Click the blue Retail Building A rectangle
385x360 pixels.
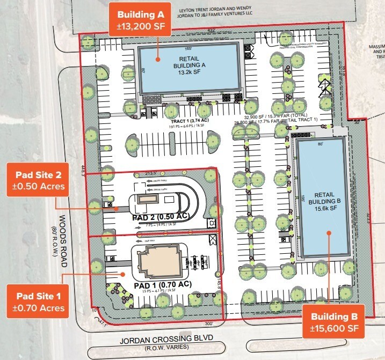tap(188, 69)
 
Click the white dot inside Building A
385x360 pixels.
tap(158, 58)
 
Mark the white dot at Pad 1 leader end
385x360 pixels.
tap(124, 274)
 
